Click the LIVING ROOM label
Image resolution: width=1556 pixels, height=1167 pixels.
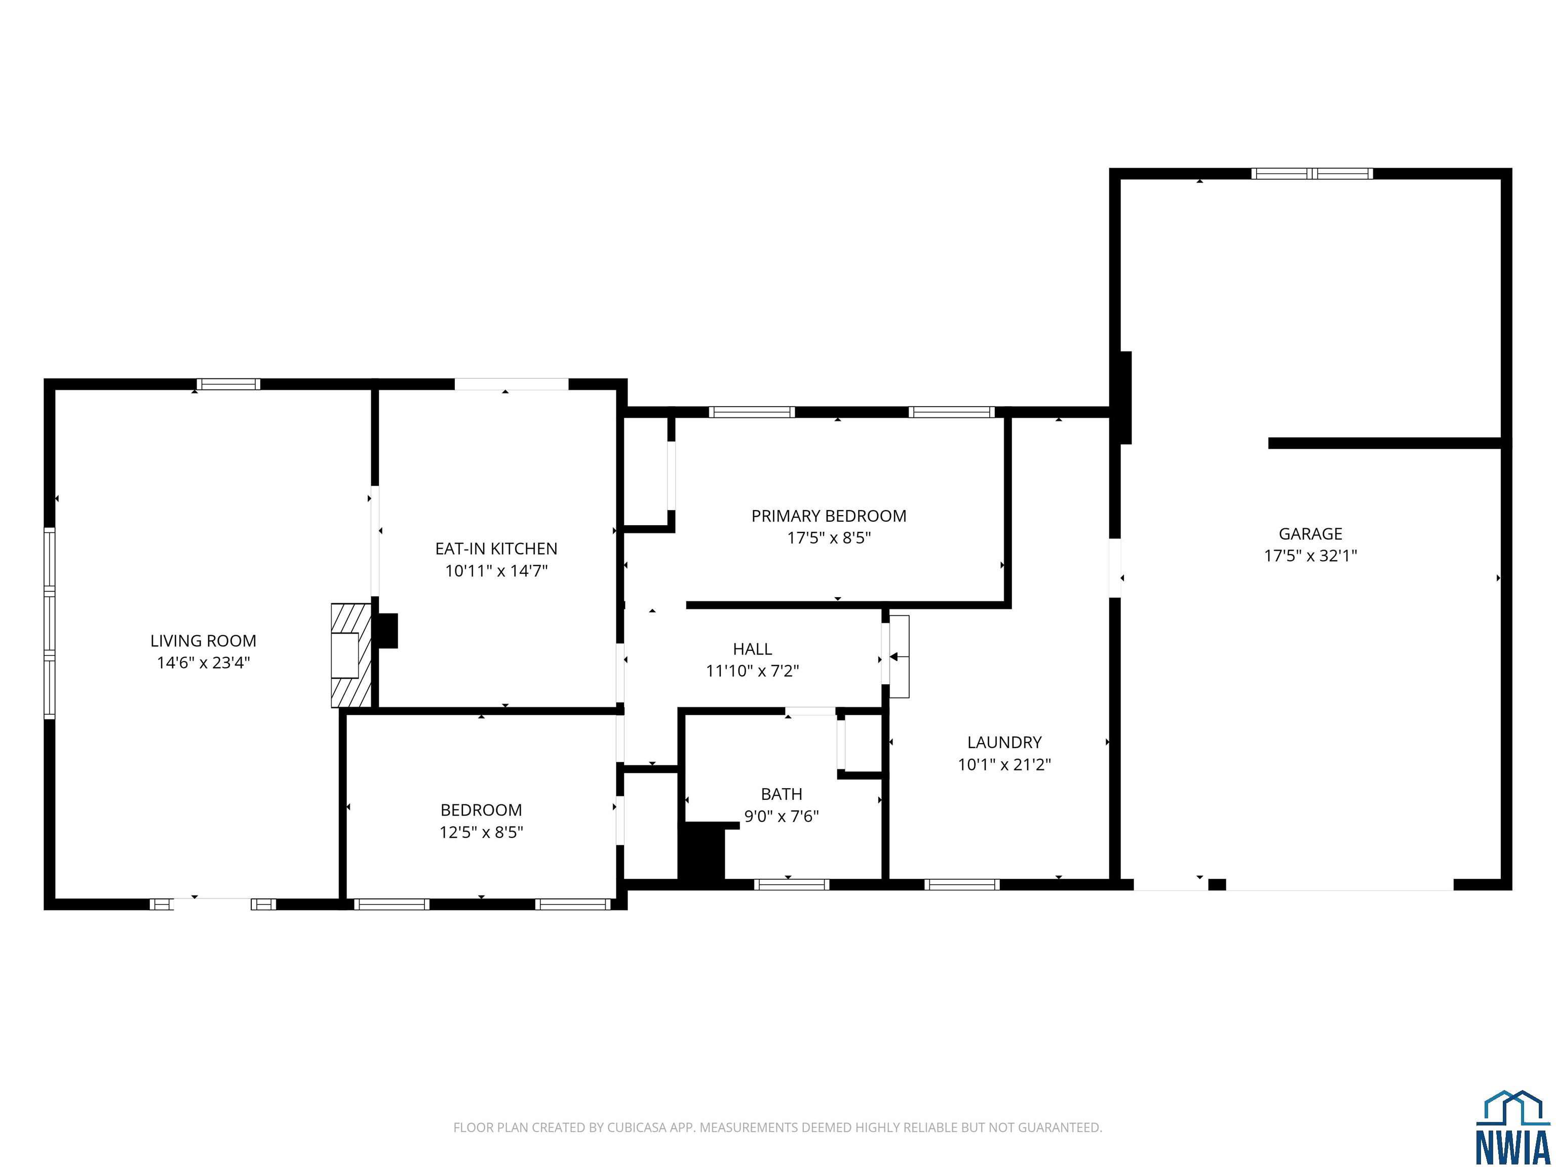(203, 641)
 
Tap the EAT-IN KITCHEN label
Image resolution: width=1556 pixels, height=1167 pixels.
(496, 549)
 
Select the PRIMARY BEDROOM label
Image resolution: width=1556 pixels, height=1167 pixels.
(829, 516)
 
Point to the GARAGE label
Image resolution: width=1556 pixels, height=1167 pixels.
(1310, 534)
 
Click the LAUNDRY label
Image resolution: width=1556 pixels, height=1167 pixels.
(1004, 742)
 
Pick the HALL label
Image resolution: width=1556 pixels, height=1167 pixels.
(753, 649)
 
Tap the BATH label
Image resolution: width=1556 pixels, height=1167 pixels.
(782, 794)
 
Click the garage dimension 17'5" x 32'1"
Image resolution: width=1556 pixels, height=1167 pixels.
(1310, 556)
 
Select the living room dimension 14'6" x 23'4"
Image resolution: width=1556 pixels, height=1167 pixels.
(203, 663)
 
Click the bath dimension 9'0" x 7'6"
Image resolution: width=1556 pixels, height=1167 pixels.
(782, 816)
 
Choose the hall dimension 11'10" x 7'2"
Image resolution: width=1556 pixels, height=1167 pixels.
(753, 671)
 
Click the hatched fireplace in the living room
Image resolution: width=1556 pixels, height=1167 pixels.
(351, 655)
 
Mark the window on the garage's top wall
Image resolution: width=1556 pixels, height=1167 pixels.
(1312, 174)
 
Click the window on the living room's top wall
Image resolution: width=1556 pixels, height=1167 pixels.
(228, 384)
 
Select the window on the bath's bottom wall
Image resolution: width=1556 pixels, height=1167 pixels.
(792, 884)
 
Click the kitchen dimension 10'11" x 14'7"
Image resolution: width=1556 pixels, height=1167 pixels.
(496, 570)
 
